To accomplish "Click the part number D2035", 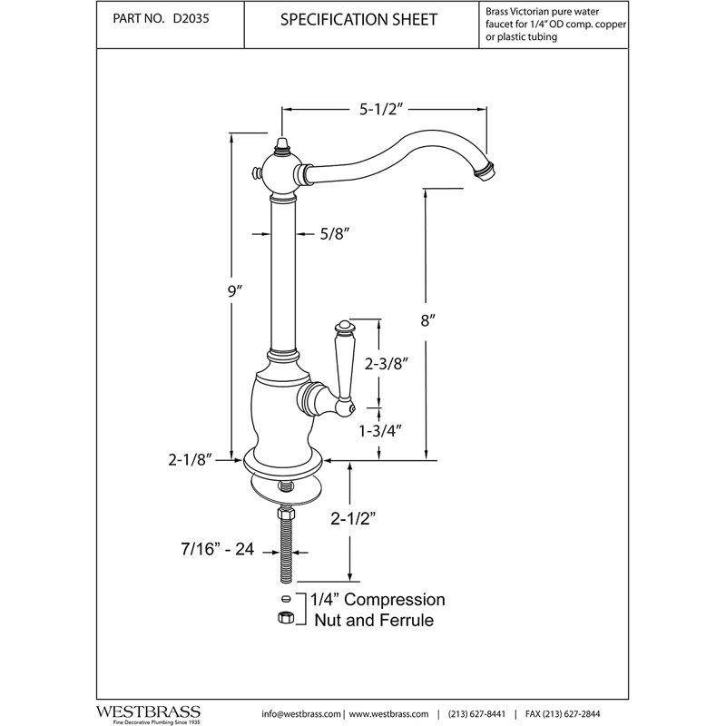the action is pos(191,19).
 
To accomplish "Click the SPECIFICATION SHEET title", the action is pos(358,19).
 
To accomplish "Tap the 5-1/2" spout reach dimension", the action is pos(378,110).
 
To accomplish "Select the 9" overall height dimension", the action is pos(235,291).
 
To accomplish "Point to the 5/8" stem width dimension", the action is pos(334,234).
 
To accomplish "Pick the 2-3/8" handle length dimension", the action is pos(386,364).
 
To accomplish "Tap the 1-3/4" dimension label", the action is pos(379,431).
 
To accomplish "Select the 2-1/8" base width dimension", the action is pos(190,460).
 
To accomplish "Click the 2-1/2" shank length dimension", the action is pos(353,519).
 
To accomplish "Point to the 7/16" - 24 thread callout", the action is pos(217,549).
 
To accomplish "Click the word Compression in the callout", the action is pos(395,600).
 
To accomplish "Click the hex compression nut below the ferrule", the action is pos(286,617).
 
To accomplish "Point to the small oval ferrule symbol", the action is pos(286,599).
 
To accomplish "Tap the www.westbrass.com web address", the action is pos(388,714).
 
